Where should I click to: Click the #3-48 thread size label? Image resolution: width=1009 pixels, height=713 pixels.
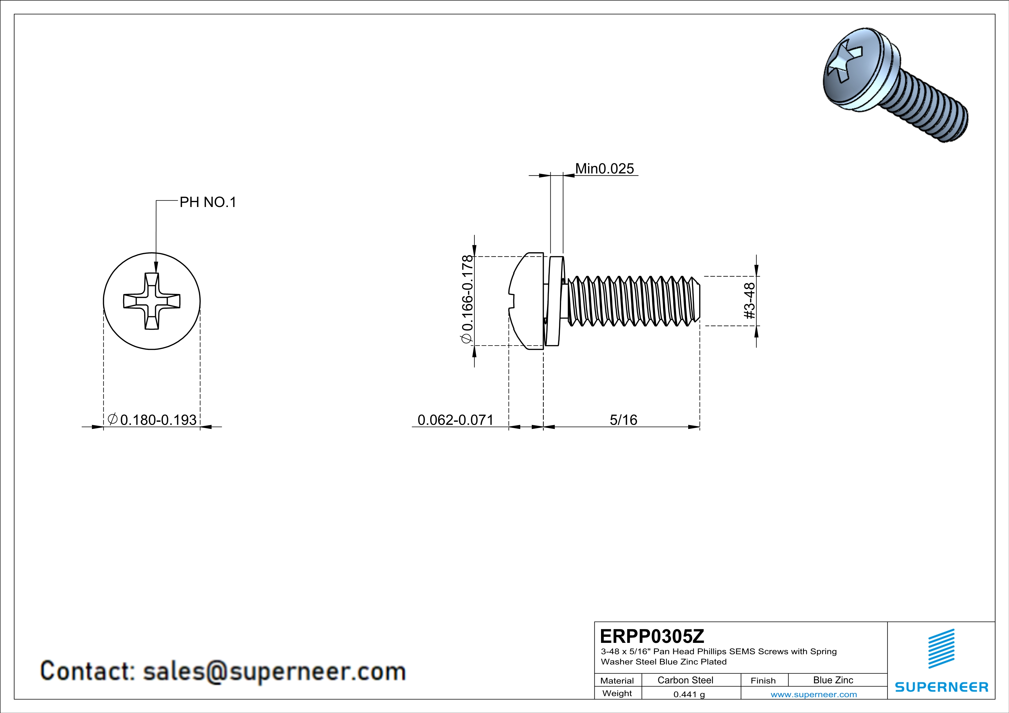749,301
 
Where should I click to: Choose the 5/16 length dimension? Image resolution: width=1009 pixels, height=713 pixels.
623,420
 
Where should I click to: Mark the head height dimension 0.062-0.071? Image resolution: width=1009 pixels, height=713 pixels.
455,420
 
